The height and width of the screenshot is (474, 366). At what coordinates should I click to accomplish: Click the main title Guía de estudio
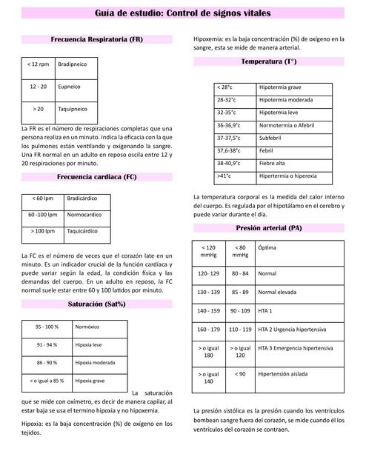point(183,13)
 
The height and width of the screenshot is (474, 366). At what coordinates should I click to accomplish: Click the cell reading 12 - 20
point(39,87)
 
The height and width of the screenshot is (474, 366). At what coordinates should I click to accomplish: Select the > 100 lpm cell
point(42,231)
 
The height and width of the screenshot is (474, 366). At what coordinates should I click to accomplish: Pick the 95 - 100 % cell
point(47,327)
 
